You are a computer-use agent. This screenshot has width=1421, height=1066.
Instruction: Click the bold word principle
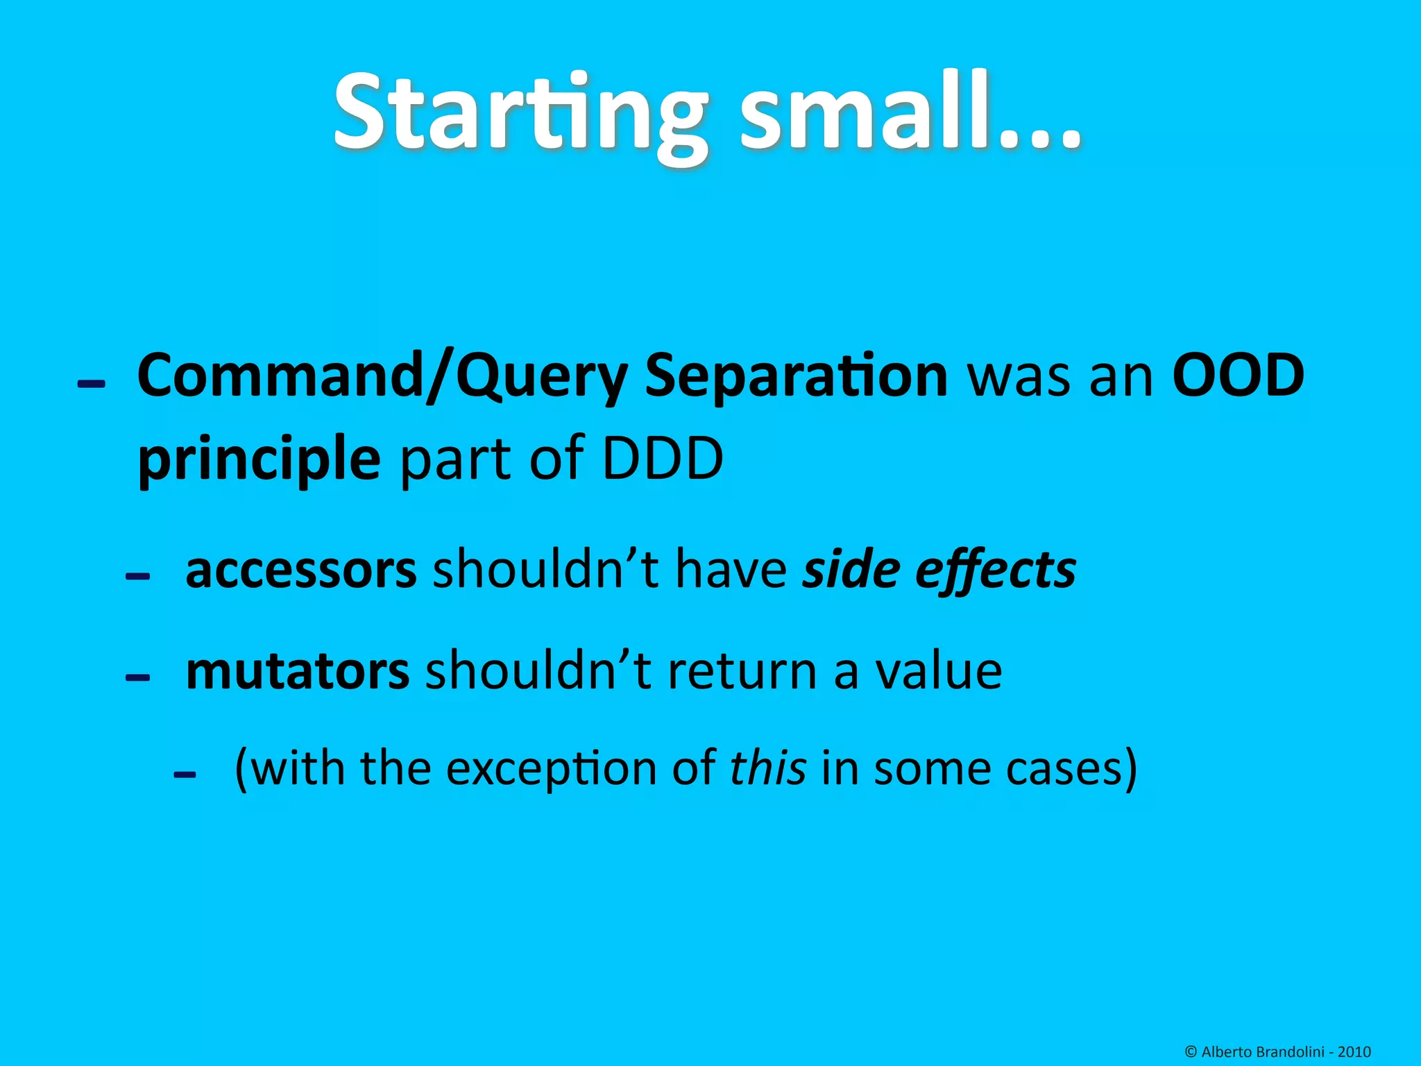tap(259, 459)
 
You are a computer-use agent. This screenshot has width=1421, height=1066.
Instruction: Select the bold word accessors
tap(301, 569)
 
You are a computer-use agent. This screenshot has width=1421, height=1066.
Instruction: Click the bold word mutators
tap(298, 671)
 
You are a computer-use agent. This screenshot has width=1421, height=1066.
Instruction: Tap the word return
tap(742, 671)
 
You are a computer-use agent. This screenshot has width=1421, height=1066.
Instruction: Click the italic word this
tap(768, 768)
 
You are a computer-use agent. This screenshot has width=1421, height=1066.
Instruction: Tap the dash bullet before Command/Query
tap(92, 384)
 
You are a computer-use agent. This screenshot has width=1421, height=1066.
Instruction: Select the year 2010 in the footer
tap(1354, 1052)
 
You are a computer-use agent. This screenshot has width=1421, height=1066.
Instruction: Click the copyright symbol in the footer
tap(1191, 1052)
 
